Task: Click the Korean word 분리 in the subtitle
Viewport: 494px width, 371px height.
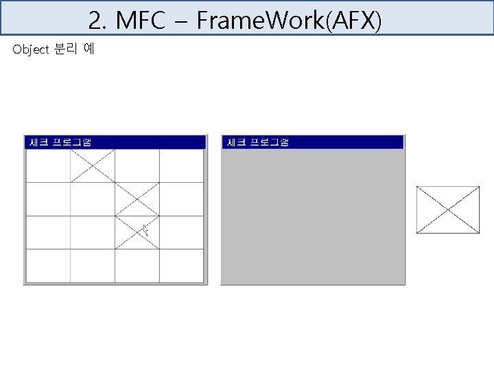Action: (x=65, y=49)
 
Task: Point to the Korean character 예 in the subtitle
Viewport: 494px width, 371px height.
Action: (x=89, y=49)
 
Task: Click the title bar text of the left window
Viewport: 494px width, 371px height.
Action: (x=60, y=142)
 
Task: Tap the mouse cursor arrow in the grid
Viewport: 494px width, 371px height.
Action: (x=145, y=232)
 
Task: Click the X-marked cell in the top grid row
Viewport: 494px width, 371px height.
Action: (x=93, y=166)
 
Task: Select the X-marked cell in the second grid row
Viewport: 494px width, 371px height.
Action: (x=137, y=199)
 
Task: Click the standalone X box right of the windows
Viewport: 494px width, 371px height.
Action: (x=448, y=210)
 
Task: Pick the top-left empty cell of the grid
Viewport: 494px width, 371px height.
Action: (x=48, y=166)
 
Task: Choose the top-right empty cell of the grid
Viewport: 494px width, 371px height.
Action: (x=181, y=166)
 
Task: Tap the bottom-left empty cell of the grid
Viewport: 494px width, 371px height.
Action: (x=48, y=265)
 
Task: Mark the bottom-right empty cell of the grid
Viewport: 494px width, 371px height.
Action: (x=181, y=265)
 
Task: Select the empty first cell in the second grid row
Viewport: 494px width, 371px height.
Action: (x=48, y=199)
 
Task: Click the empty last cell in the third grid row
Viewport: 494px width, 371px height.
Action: (x=181, y=232)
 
